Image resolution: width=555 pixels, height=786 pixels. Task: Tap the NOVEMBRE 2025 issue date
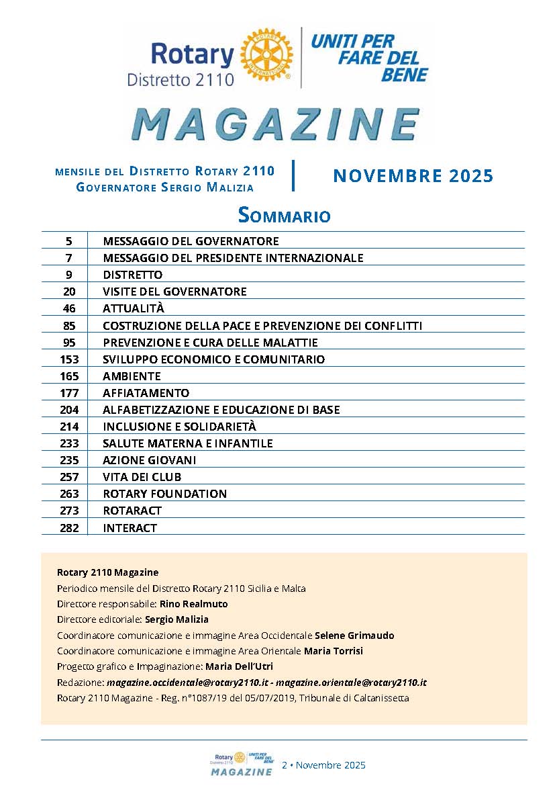(413, 176)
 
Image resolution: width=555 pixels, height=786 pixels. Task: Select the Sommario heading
(284, 215)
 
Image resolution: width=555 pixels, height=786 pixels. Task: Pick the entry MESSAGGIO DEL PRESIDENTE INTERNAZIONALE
(233, 258)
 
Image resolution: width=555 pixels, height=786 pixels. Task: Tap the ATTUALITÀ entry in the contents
(134, 308)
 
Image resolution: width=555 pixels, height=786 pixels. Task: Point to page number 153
(69, 359)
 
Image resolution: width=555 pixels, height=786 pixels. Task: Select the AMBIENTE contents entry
(132, 376)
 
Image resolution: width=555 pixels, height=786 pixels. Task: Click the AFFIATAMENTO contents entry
(146, 393)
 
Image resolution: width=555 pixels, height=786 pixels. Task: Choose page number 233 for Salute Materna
(69, 443)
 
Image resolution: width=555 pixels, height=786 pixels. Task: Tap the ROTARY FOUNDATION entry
(164, 494)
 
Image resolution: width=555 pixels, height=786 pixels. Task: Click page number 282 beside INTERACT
(69, 528)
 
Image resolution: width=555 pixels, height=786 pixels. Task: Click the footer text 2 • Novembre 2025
(323, 765)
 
